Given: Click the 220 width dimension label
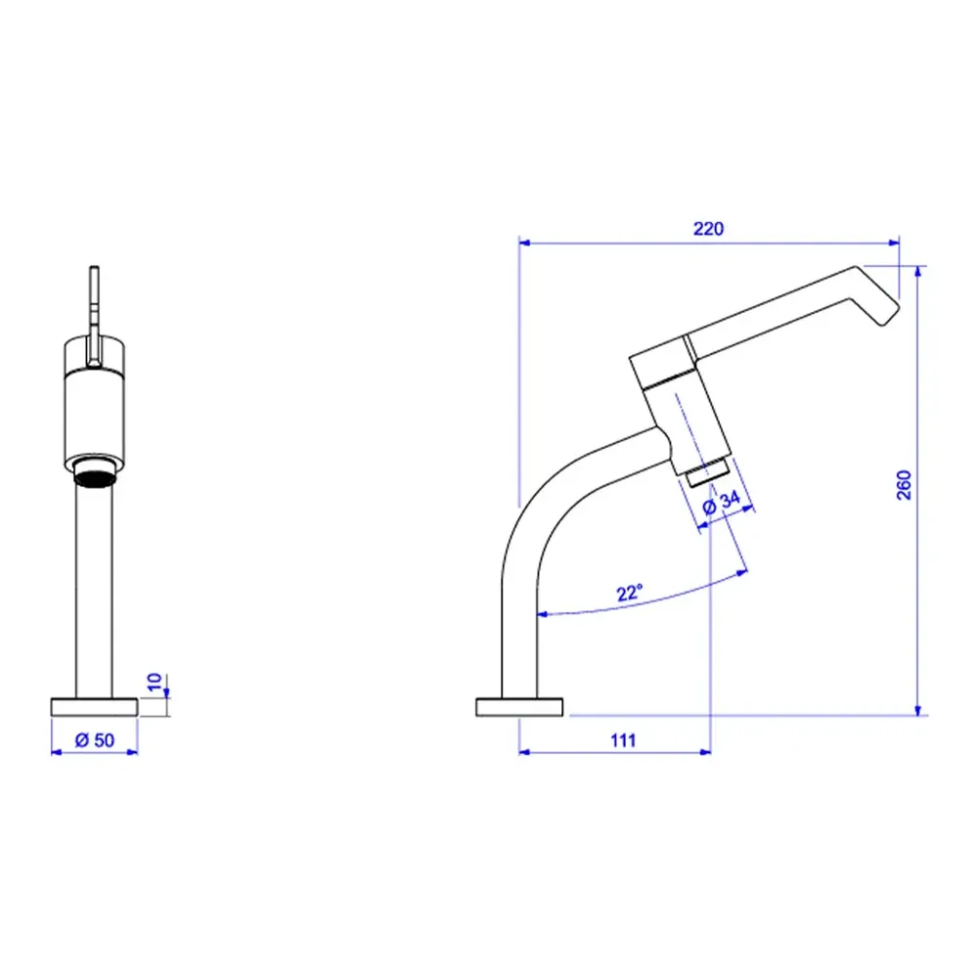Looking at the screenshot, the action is coord(708,229).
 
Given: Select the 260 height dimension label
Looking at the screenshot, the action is coord(904,485).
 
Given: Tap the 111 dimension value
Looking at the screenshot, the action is coord(623,740).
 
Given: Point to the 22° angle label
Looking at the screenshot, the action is coord(629,593).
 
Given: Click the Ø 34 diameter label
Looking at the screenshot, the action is coord(721,503).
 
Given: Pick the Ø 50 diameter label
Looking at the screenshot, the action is coord(95,740).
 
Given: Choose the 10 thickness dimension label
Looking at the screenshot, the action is coord(155,682).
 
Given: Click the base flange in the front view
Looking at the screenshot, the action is coord(94,707).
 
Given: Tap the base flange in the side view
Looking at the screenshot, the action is coord(519,707).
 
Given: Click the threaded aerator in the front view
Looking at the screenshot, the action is coord(94,472).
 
